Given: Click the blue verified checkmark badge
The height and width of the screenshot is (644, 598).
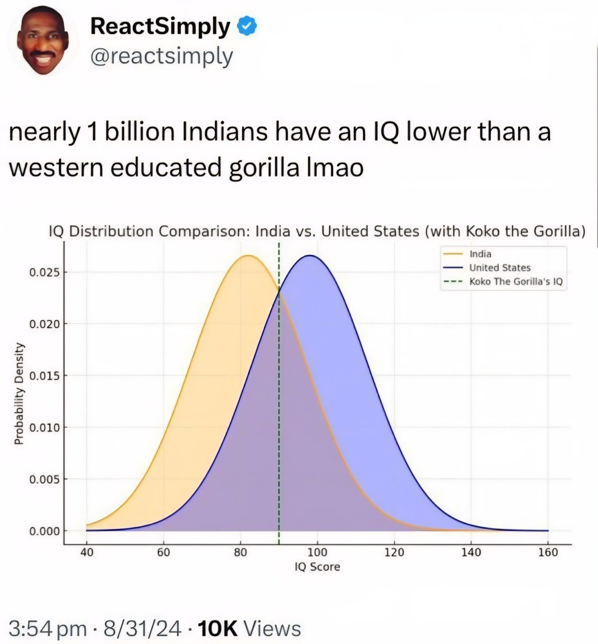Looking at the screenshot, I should [x=247, y=27].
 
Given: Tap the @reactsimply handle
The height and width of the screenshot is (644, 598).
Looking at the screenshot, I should [x=162, y=56].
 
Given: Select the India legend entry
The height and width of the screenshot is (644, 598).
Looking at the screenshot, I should [x=480, y=254].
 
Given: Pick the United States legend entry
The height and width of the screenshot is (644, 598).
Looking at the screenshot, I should [x=500, y=268].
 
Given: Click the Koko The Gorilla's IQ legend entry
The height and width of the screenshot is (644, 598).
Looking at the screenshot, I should [x=516, y=281].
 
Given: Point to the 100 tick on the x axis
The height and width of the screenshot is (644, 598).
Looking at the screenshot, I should [x=317, y=552].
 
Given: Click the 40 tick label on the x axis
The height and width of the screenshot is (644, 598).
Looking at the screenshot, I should [x=87, y=552].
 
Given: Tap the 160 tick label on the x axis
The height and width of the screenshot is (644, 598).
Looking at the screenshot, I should [x=548, y=552].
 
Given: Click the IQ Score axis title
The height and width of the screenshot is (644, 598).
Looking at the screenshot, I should [x=317, y=566].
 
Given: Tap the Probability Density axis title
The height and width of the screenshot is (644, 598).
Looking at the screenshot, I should [x=19, y=394].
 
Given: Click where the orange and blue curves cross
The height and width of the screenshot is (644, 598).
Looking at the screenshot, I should [x=279, y=292].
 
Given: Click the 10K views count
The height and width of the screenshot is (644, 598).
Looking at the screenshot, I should [x=217, y=628].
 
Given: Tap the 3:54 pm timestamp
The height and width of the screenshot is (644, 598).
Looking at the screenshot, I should [x=47, y=628].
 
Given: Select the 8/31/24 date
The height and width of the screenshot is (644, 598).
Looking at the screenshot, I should [x=142, y=628].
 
